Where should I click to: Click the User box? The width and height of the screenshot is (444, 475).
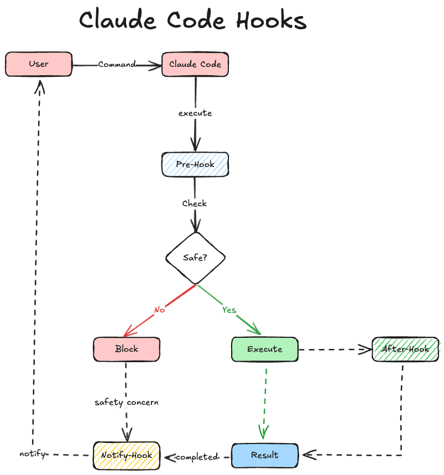click(39, 64)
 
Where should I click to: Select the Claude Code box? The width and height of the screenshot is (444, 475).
click(195, 64)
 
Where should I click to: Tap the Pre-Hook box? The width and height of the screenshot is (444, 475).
click(195, 164)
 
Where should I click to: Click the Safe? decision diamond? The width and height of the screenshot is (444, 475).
click(195, 258)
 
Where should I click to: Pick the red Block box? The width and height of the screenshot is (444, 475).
click(127, 349)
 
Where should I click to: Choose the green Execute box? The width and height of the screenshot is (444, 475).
click(264, 349)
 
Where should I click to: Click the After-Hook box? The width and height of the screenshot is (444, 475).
click(405, 349)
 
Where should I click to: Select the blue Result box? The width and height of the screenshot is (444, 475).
click(264, 455)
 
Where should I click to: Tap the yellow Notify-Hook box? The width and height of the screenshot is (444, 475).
click(127, 456)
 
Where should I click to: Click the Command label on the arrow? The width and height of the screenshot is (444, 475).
click(117, 64)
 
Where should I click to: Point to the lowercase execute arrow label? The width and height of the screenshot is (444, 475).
click(195, 113)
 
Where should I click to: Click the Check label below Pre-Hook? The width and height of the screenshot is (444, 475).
click(195, 203)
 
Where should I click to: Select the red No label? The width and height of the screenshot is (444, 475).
click(159, 310)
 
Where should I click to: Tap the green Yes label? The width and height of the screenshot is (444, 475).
click(229, 310)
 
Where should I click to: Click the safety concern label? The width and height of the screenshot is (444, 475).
click(127, 402)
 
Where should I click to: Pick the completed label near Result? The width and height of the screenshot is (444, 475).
click(197, 457)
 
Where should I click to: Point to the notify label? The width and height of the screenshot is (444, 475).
click(32, 453)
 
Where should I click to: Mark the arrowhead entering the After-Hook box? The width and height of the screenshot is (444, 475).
click(365, 349)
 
